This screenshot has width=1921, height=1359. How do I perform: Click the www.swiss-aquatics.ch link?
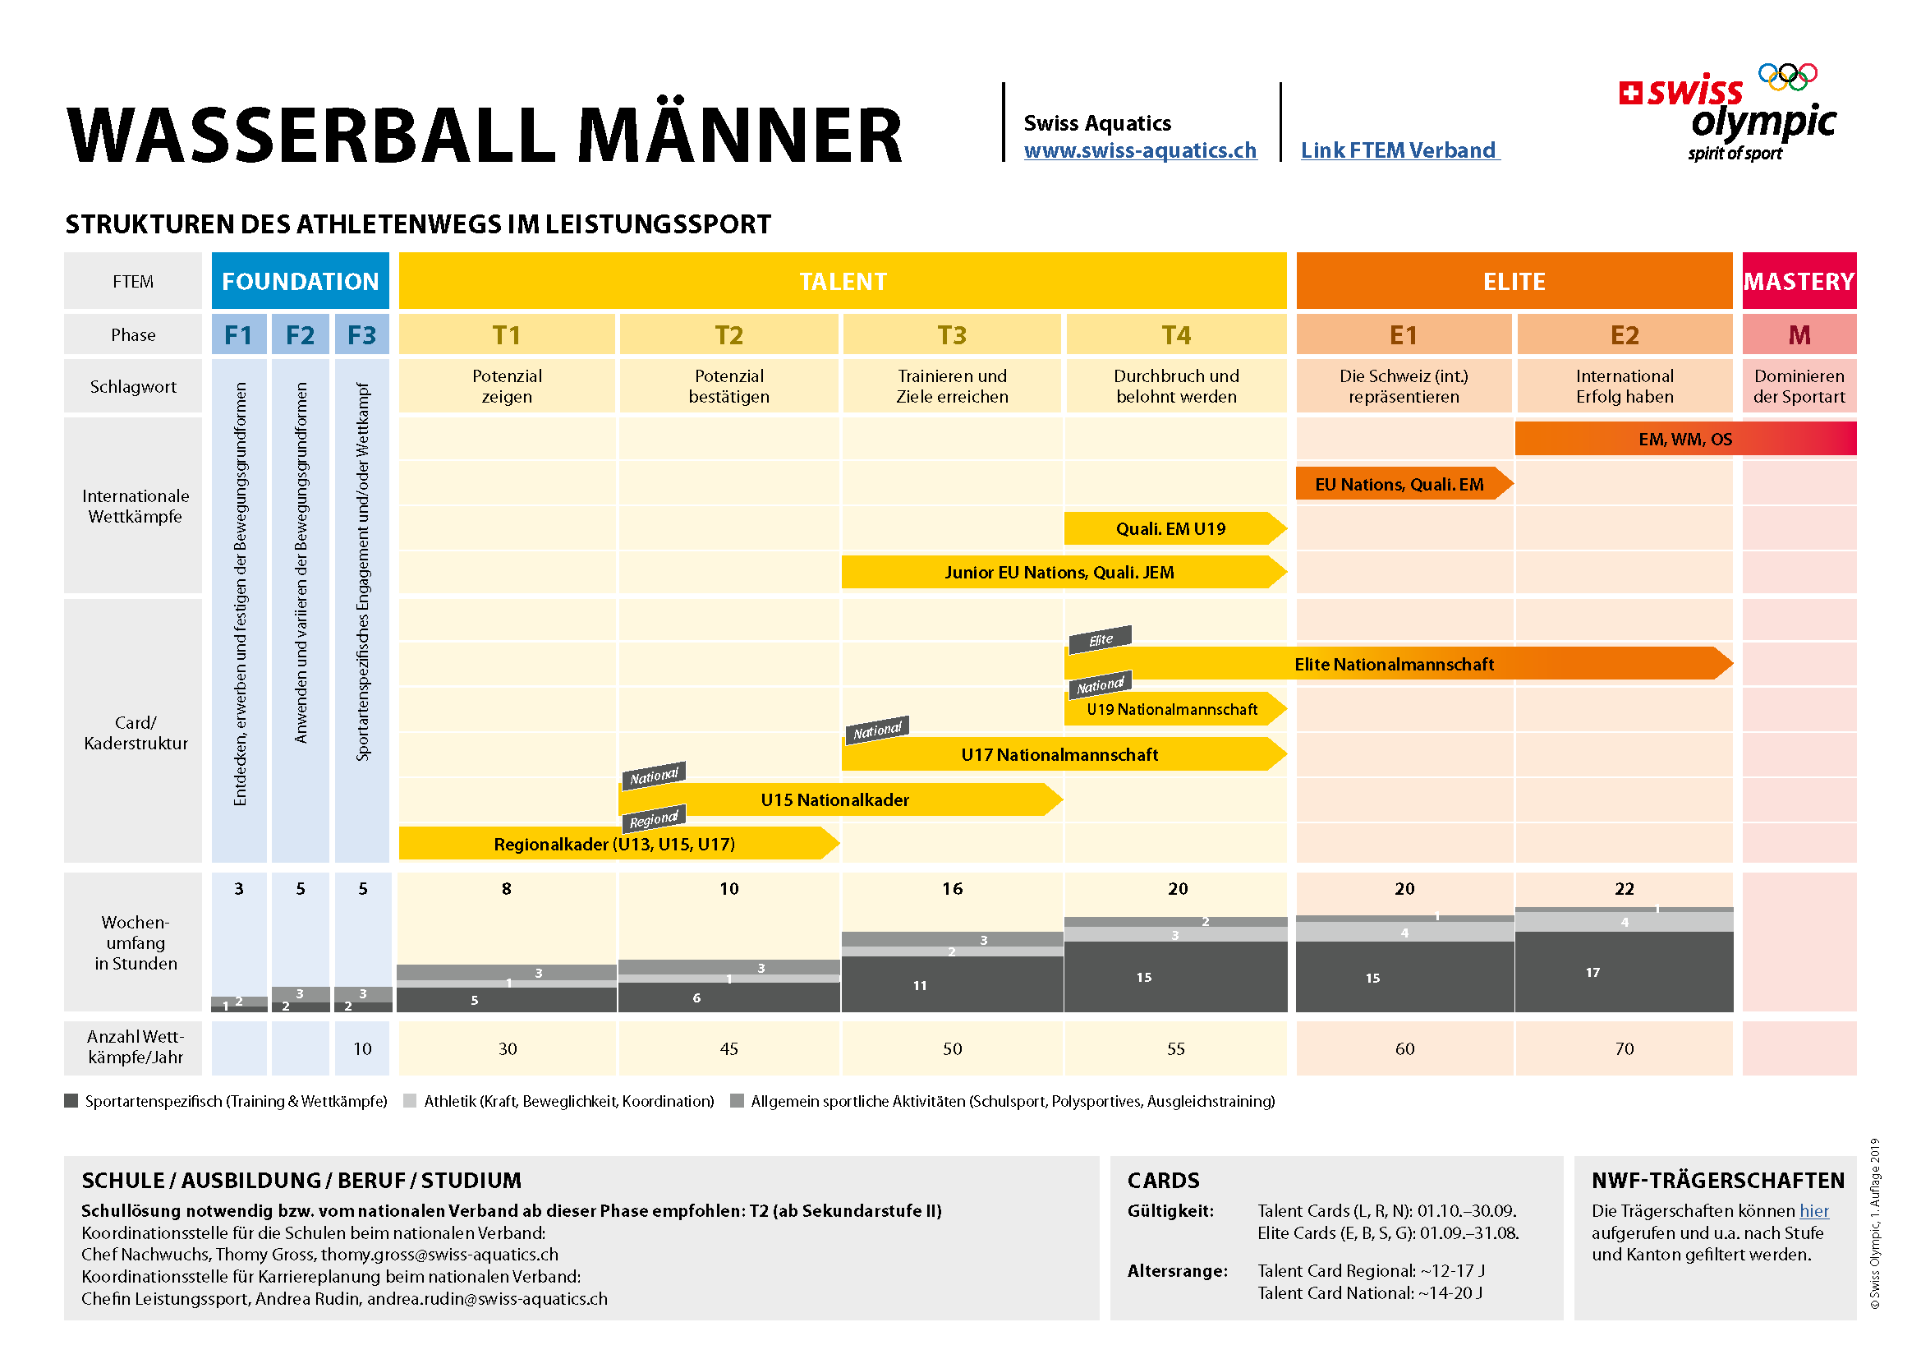click(1140, 150)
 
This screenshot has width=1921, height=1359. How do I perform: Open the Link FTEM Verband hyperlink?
click(1399, 150)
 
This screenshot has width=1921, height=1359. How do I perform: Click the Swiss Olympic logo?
click(1730, 113)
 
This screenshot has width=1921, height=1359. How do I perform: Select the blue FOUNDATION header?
click(300, 281)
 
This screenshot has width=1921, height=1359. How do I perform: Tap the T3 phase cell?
click(952, 334)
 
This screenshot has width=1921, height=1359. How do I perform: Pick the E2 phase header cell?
click(1624, 334)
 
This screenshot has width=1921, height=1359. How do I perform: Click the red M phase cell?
click(1799, 334)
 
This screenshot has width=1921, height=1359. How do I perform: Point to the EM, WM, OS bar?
click(1684, 440)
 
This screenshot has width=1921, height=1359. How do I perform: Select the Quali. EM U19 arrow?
click(1170, 529)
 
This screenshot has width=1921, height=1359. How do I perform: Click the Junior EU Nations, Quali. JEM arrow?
click(1059, 573)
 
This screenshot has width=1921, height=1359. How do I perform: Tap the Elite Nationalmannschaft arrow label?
click(1394, 665)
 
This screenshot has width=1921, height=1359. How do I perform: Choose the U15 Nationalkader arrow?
click(834, 800)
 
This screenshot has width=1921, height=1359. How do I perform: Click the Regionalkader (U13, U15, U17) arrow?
click(614, 845)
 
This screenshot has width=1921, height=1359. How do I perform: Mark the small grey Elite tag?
click(1101, 640)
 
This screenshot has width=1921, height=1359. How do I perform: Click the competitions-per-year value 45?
click(728, 1048)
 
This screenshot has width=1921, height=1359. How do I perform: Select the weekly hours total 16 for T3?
click(952, 889)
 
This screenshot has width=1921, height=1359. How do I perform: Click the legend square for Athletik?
click(410, 1101)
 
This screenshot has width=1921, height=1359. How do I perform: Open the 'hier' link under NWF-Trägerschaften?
click(1814, 1211)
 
